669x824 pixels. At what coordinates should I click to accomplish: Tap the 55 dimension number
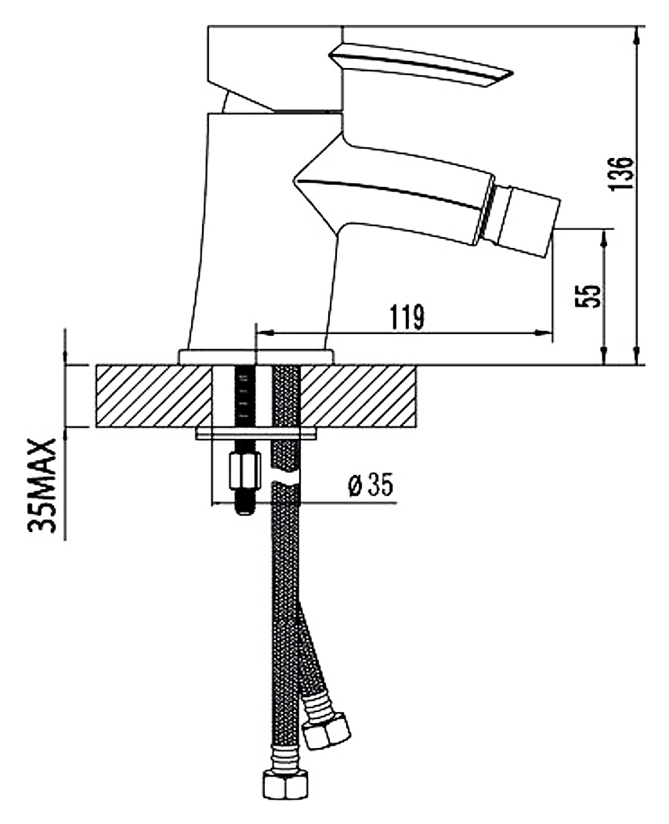(x=588, y=297)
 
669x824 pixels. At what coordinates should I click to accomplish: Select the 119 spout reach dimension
(x=407, y=317)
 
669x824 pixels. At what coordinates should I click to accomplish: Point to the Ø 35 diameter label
(x=371, y=485)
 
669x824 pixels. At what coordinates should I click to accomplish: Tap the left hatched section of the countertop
(x=154, y=396)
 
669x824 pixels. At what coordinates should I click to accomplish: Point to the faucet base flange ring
(x=256, y=357)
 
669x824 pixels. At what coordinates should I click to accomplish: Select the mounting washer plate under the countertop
(x=256, y=434)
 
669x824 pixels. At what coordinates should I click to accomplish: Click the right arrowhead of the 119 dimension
(x=544, y=333)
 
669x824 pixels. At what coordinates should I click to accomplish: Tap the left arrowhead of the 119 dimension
(x=266, y=333)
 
